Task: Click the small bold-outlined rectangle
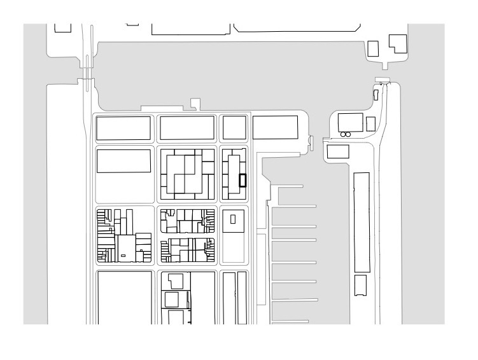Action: coord(243,181)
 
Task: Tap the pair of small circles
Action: coord(346,135)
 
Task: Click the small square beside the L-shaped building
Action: coord(374,47)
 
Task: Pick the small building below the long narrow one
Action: coord(361,285)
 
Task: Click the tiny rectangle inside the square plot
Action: coord(233,219)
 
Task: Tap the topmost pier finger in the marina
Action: coord(290,186)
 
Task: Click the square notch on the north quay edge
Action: coord(195,102)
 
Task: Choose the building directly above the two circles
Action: coord(350,121)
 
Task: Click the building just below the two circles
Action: coord(338,152)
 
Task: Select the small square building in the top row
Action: coord(234,128)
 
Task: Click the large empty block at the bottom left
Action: coord(125,298)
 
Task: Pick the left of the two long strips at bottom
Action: coord(227,298)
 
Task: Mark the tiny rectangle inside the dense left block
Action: coord(122,256)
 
